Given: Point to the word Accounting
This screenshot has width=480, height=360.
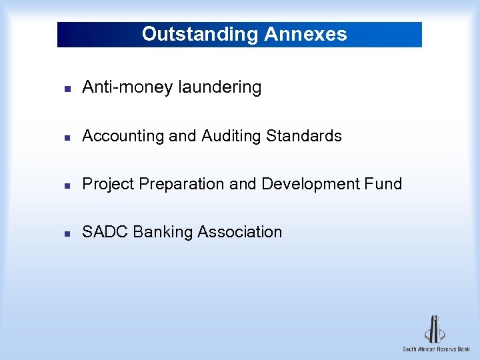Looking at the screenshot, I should (x=123, y=136).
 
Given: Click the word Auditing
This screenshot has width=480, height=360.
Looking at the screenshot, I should (x=231, y=136).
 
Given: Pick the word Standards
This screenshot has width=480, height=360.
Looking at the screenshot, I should (x=304, y=136).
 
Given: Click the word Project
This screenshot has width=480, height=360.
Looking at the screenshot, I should (x=108, y=184).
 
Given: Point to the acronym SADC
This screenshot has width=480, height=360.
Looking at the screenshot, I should (x=105, y=232).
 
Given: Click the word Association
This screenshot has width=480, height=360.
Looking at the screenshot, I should (x=240, y=232).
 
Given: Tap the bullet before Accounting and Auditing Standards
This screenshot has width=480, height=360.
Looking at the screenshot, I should (x=67, y=137).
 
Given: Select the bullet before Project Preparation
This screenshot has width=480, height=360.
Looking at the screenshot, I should (x=67, y=185).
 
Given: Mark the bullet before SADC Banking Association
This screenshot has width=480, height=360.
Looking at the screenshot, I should (x=67, y=233).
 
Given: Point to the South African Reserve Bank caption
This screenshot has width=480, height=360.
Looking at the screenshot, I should (x=436, y=349).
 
